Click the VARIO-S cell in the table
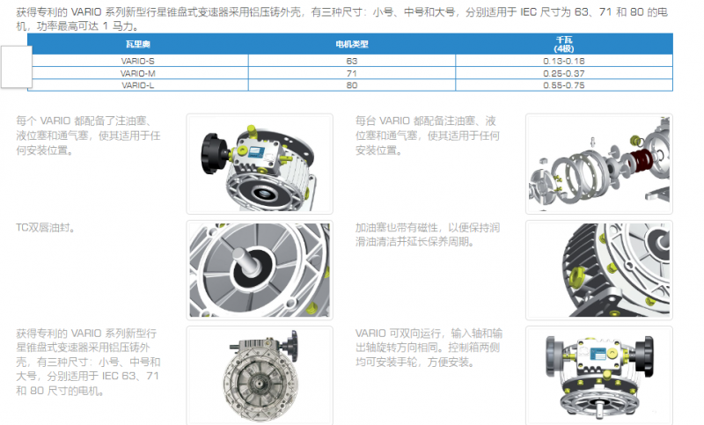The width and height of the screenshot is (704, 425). (x=138, y=61)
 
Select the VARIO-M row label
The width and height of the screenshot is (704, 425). (x=138, y=73)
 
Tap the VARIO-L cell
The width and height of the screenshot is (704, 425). (x=138, y=85)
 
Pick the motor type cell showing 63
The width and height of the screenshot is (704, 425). (x=351, y=61)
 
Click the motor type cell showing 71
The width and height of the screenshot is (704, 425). (x=351, y=73)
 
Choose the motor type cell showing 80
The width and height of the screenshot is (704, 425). (x=351, y=85)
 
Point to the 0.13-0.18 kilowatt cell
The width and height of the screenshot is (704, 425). (x=564, y=61)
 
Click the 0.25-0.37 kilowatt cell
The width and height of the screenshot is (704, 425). (x=564, y=73)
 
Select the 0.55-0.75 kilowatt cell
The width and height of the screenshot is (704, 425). (x=564, y=85)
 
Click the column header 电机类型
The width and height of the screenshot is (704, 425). (x=352, y=44)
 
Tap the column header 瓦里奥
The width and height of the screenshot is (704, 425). (x=138, y=44)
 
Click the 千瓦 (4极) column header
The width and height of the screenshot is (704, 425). (x=564, y=44)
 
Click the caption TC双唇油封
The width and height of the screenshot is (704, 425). (x=45, y=228)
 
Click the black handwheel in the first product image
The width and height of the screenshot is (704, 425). (x=214, y=153)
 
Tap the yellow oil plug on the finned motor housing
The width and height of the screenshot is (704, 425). (x=576, y=275)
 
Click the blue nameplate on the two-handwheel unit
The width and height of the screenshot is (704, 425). (x=598, y=354)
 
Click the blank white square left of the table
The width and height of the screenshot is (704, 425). (x=17, y=67)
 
